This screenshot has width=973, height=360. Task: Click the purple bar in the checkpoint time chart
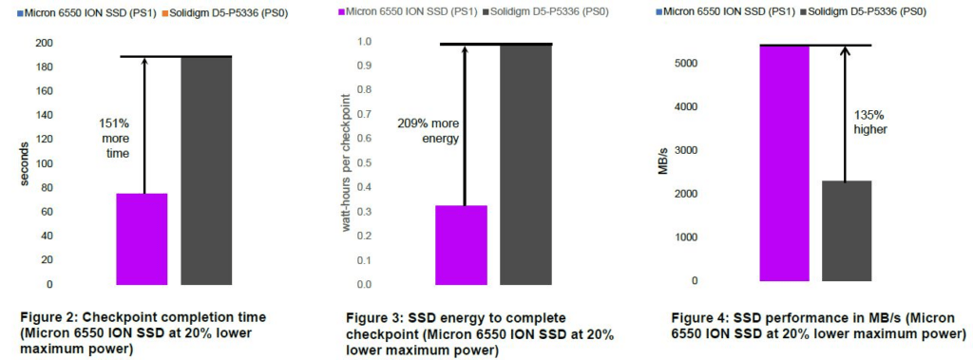tap(143, 239)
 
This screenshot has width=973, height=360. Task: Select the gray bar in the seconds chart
tap(206, 171)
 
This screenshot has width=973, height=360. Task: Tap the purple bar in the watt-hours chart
tap(462, 245)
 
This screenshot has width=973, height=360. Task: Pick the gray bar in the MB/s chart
tap(847, 231)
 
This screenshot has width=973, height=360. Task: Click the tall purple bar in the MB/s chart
tap(784, 163)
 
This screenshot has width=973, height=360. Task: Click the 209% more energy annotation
tap(429, 131)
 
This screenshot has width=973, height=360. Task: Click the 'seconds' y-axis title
tap(24, 164)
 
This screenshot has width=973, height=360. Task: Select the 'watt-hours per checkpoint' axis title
tap(347, 162)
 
